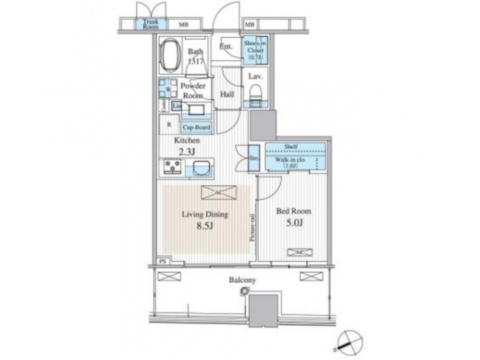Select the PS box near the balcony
coord(162,261)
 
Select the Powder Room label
coord(197,91)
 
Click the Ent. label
coord(227,46)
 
